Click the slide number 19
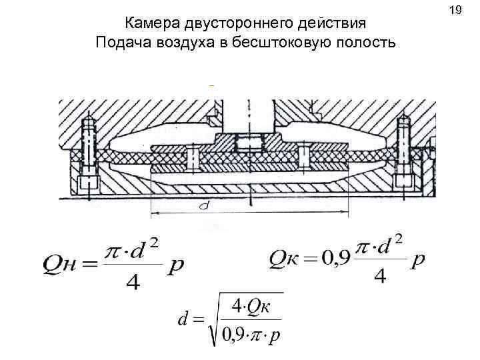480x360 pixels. point(456,11)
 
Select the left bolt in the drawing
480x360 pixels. point(88,153)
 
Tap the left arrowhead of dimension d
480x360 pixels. point(155,213)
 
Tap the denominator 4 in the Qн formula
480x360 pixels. point(133,283)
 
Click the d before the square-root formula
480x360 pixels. point(181,320)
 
